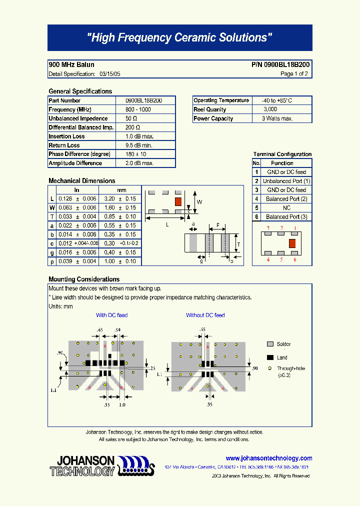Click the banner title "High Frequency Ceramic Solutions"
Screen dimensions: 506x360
(x=179, y=38)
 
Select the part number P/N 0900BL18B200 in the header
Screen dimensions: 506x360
(x=279, y=65)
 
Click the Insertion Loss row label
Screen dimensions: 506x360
(x=66, y=136)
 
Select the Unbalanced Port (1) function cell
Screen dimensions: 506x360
(x=286, y=181)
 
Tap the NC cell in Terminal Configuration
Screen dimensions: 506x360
(x=286, y=208)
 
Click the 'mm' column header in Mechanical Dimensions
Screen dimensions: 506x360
(x=121, y=190)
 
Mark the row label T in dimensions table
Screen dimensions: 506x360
(x=51, y=216)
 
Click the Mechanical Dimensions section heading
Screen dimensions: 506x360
(x=81, y=181)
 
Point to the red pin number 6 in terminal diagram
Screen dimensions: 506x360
(x=294, y=259)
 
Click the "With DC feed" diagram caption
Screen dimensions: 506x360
(x=111, y=315)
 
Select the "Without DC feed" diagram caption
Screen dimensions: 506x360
(x=205, y=315)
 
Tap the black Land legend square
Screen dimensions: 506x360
(x=270, y=357)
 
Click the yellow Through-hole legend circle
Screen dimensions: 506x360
(x=270, y=368)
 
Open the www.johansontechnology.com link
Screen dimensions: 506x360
(x=268, y=458)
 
